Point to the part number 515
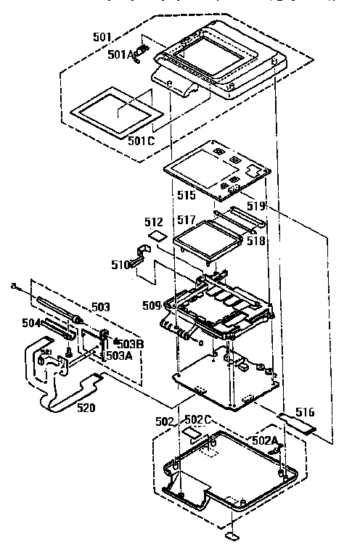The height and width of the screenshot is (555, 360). point(186,197)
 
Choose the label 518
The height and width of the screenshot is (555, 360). point(255,239)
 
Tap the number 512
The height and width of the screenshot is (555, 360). point(153,222)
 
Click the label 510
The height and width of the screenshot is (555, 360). point(120,265)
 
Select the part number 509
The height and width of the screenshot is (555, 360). point(152,306)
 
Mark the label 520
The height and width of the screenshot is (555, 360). point(86,408)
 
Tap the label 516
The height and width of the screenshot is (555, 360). point(306,412)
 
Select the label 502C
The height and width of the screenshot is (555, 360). point(197,420)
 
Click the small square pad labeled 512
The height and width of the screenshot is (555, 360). point(154,237)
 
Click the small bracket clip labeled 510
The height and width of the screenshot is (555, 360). point(141,255)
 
